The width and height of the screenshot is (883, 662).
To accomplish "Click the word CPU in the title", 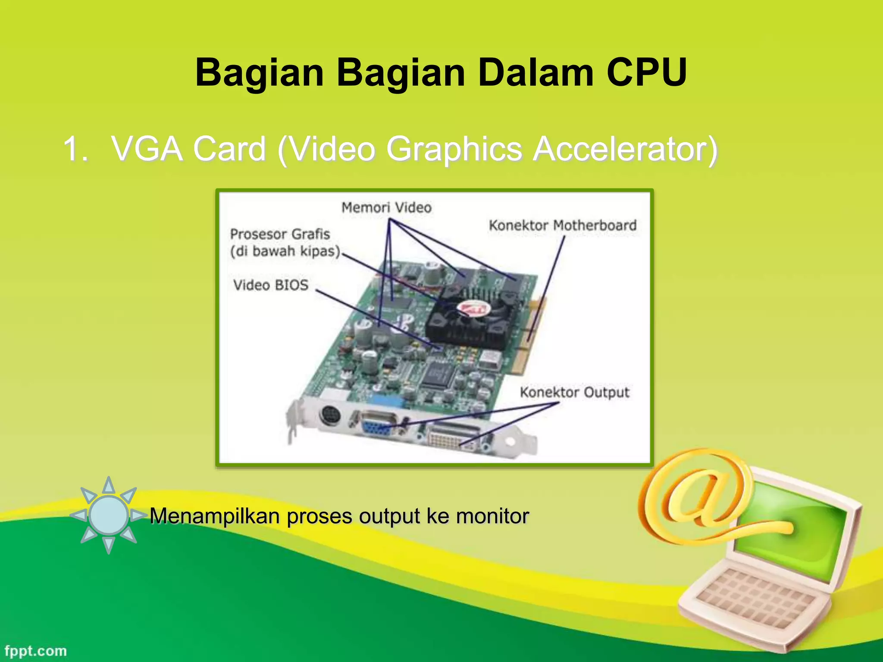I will tap(646, 72).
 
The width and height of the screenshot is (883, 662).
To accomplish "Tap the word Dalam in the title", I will tap(535, 72).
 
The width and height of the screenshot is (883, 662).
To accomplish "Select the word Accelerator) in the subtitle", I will tap(625, 149).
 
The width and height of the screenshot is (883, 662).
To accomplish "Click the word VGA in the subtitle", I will tap(147, 149).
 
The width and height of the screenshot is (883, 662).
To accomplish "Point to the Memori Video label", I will tap(386, 208).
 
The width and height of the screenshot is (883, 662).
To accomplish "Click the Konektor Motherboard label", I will tap(563, 225).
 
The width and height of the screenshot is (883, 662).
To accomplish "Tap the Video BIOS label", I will tap(271, 285).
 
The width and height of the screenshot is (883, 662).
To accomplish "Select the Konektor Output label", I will tap(574, 392).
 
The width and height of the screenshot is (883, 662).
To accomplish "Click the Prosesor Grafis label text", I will tap(280, 234).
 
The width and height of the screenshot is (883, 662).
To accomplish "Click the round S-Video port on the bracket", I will tap(330, 416).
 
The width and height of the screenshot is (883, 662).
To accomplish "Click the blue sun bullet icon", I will tap(109, 515).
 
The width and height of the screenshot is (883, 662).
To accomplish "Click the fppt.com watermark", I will tap(36, 651).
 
